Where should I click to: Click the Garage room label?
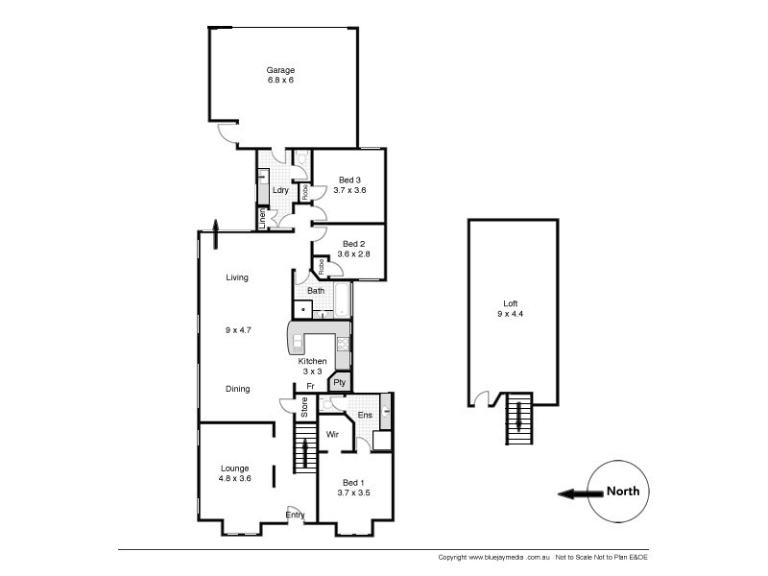click(x=281, y=70)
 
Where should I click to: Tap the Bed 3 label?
click(x=350, y=180)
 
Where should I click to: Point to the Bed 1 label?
click(x=354, y=482)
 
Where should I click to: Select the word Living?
click(x=237, y=277)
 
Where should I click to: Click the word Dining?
click(x=237, y=389)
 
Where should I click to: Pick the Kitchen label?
click(x=312, y=361)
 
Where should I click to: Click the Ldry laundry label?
click(x=280, y=190)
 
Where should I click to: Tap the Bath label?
click(x=316, y=290)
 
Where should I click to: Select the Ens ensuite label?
click(x=365, y=415)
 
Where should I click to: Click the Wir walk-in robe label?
click(x=333, y=434)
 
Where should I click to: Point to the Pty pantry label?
click(x=339, y=382)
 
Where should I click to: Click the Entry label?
click(x=296, y=516)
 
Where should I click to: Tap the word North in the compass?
click(x=622, y=492)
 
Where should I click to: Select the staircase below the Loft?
click(x=518, y=419)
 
